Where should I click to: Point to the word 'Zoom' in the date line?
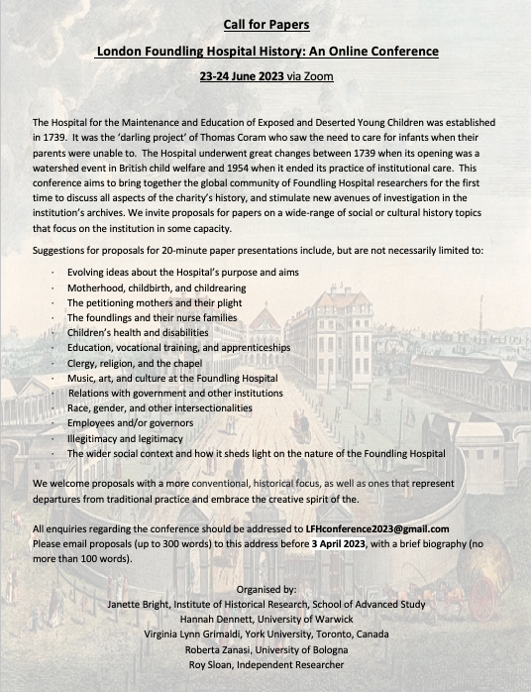coord(319,75)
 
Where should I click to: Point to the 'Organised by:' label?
coord(265,588)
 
